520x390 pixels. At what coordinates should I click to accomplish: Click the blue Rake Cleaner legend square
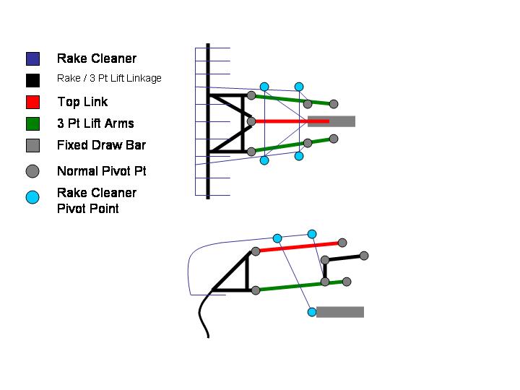pyautogui.click(x=32, y=58)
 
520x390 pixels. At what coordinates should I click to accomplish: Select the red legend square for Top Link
pyautogui.click(x=32, y=102)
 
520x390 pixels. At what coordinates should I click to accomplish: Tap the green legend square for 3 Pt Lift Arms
pyautogui.click(x=32, y=123)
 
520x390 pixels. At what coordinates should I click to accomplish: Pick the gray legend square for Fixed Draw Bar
pyautogui.click(x=32, y=145)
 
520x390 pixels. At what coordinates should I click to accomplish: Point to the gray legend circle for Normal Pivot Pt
pyautogui.click(x=32, y=172)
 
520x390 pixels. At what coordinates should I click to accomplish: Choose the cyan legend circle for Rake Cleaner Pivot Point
pyautogui.click(x=32, y=196)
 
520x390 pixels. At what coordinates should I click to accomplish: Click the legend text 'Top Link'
pyautogui.click(x=82, y=102)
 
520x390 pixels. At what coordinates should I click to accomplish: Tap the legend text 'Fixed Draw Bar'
pyautogui.click(x=101, y=145)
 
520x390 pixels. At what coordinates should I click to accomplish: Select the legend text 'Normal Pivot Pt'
pyautogui.click(x=101, y=172)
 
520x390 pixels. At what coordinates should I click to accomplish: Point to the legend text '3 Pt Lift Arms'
pyautogui.click(x=95, y=123)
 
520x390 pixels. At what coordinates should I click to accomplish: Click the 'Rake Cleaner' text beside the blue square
pyautogui.click(x=96, y=58)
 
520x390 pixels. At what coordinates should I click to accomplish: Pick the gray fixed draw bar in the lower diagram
pyautogui.click(x=340, y=312)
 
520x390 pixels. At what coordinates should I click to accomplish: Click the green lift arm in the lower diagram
pyautogui.click(x=289, y=287)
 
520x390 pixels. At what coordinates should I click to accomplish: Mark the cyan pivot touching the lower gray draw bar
pyautogui.click(x=312, y=312)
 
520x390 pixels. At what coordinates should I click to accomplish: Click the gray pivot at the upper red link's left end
pyautogui.click(x=251, y=121)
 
